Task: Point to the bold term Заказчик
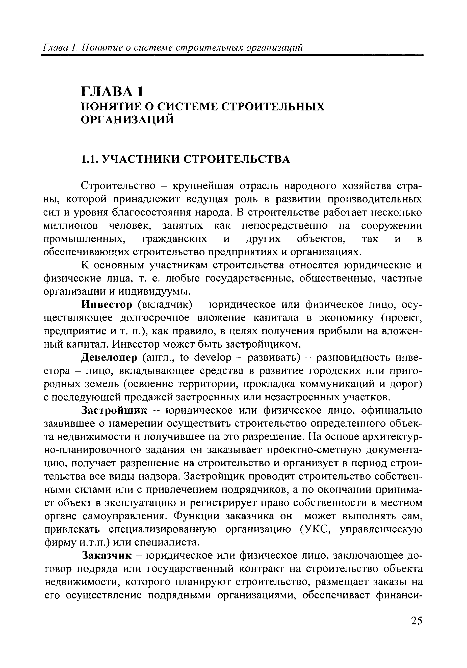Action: tap(107, 556)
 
